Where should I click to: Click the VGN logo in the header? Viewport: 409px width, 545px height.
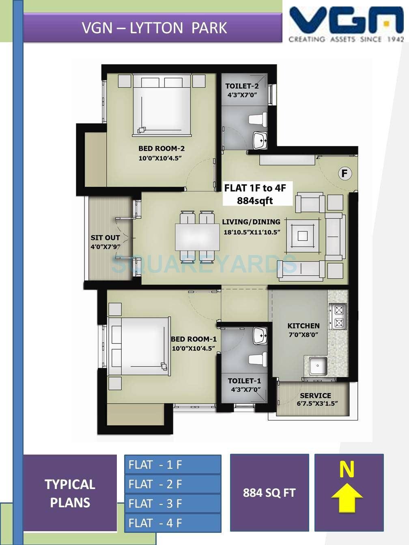coord(346,24)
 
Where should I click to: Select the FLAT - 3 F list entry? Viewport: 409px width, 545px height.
coord(172,503)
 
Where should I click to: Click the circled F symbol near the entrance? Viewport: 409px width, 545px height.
coord(344,174)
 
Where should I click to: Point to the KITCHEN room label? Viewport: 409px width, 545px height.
coord(303,326)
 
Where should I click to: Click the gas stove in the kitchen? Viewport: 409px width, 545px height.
coord(338,316)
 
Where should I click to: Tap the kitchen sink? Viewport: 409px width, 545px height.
coord(318,366)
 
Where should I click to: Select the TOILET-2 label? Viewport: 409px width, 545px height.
coord(242,86)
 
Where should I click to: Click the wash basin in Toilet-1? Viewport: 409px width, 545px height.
coord(260,335)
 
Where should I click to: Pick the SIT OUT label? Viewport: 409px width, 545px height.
coord(105,238)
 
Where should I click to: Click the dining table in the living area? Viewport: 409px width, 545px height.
coord(197,237)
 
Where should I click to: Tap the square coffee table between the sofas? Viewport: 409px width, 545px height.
coord(302,236)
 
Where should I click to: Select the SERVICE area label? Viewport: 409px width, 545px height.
coord(315,395)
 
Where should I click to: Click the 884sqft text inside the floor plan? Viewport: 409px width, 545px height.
coord(255,200)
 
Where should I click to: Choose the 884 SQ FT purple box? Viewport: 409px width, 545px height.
coord(269,492)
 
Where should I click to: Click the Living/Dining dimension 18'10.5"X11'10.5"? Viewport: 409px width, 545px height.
coord(252,232)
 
